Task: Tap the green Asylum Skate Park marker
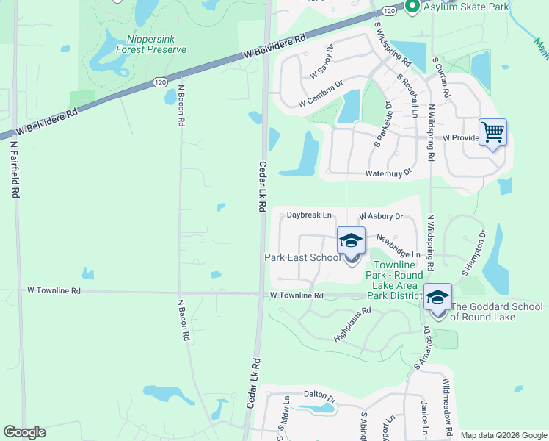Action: [x=412, y=7]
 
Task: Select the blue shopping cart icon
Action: [x=493, y=133]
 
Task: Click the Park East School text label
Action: [x=302, y=257]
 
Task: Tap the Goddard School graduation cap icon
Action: [x=437, y=298]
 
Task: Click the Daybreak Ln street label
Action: [x=309, y=215]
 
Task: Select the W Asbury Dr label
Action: [x=381, y=217]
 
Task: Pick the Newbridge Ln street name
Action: [x=398, y=246]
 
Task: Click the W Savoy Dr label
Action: [x=322, y=62]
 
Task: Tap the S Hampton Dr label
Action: [x=474, y=254]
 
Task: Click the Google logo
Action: [x=25, y=432]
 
